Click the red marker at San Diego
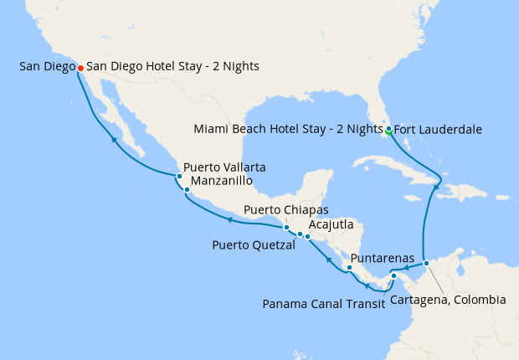point(80,67)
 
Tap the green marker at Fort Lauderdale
point(388,129)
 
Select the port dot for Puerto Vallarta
point(179,177)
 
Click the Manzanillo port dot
point(187,189)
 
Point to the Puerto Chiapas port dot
point(286,227)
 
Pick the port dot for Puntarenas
point(350,268)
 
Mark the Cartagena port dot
point(426,264)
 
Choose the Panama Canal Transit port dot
point(393,276)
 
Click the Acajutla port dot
point(308,237)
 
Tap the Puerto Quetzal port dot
point(300,234)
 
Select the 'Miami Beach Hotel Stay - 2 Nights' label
point(287,130)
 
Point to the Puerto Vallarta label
point(224,167)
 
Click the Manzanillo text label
point(221,180)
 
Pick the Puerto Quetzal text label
point(254,245)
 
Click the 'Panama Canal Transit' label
point(323,303)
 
